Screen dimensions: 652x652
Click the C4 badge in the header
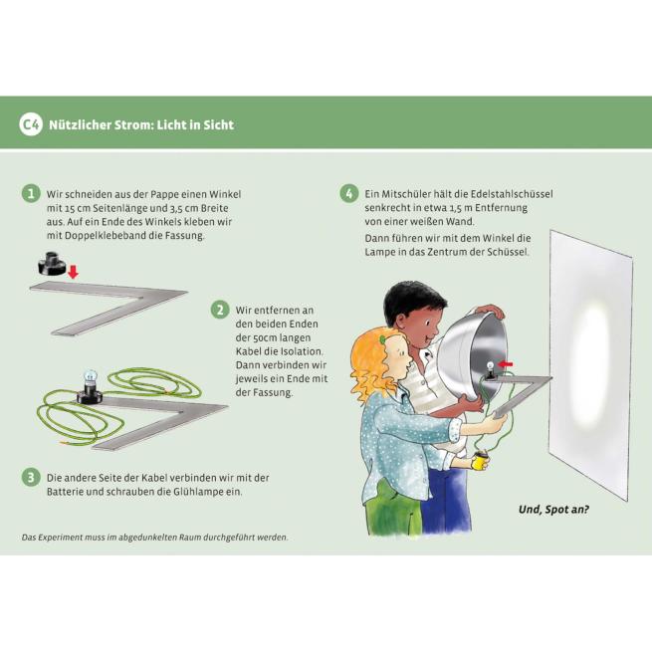coord(30,124)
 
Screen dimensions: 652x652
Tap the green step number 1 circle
coord(31,194)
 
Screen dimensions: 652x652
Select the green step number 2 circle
coord(220,310)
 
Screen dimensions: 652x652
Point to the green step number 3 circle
coord(31,478)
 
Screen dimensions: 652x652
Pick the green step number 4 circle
coord(348,193)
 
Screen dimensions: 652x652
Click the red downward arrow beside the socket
coord(74,272)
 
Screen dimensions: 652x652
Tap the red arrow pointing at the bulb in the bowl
coord(506,364)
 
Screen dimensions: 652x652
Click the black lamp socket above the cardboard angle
coord(52,264)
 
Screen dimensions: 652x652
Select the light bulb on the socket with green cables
coord(91,377)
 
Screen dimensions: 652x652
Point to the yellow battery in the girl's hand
coord(481,462)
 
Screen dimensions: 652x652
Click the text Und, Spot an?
coord(553,510)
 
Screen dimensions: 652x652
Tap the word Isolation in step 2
coord(302,351)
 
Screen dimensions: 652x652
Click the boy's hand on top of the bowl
coord(491,310)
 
